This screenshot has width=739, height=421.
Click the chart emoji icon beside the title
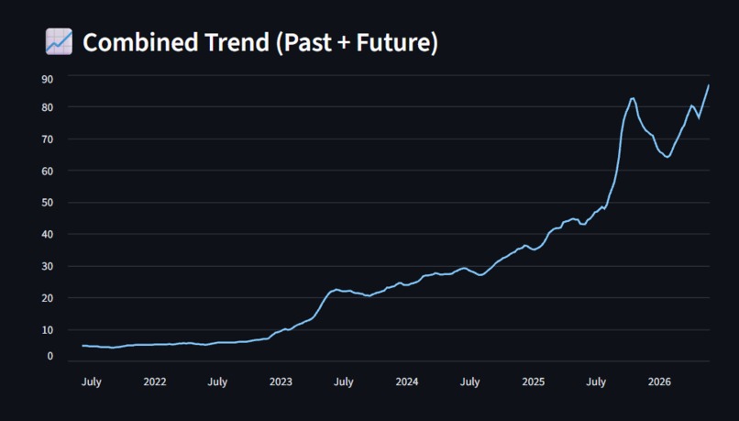click(x=59, y=41)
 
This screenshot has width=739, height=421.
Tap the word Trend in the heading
click(x=237, y=42)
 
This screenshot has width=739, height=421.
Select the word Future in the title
click(x=393, y=42)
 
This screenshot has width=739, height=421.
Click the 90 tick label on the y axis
click(x=47, y=79)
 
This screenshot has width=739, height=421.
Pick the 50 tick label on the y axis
click(x=47, y=203)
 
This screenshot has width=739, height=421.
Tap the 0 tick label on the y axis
click(x=50, y=356)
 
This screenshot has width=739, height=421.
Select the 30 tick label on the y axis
click(x=47, y=266)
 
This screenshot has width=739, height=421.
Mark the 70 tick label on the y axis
click(x=47, y=139)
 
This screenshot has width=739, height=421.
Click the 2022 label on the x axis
click(x=155, y=382)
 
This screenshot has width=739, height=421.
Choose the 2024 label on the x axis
click(x=407, y=382)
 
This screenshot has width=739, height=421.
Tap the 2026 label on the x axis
click(x=659, y=382)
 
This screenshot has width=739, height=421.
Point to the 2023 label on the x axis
click(x=281, y=382)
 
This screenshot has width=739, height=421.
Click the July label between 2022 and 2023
click(x=217, y=382)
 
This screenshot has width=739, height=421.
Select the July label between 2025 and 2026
click(x=596, y=382)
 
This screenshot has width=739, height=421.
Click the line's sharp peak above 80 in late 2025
click(x=633, y=98)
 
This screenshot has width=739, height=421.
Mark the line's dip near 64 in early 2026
click(x=667, y=157)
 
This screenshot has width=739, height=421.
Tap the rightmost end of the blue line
click(x=709, y=85)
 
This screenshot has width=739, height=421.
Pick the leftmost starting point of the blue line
click(x=83, y=346)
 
